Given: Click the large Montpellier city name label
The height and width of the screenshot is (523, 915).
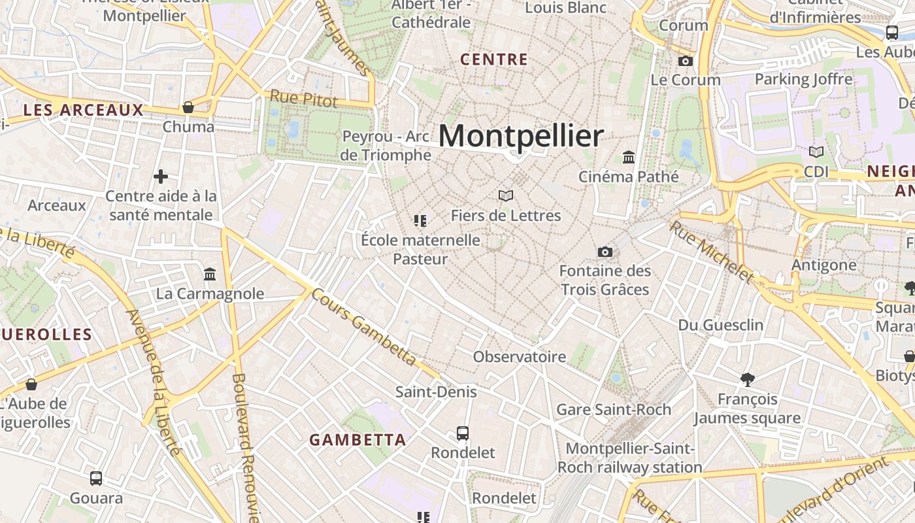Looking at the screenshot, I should pyautogui.click(x=521, y=136).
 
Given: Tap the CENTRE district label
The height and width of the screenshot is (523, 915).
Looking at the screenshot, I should pyautogui.click(x=494, y=59).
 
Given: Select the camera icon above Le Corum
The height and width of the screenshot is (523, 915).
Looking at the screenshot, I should pyautogui.click(x=685, y=61).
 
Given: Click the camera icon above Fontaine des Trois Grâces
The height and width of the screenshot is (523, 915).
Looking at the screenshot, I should pyautogui.click(x=605, y=252).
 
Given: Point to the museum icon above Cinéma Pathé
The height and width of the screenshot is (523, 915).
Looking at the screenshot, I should pyautogui.click(x=629, y=157).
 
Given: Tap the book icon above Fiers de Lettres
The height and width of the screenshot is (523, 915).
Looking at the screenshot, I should pyautogui.click(x=506, y=195).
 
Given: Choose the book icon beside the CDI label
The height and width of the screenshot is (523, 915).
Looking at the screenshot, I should pyautogui.click(x=816, y=152).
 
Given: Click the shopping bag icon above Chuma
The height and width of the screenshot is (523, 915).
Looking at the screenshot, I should pyautogui.click(x=188, y=107).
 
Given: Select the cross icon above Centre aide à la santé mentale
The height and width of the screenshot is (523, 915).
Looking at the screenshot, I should pyautogui.click(x=161, y=177).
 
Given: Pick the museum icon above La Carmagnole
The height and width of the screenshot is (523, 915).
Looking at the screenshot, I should pyautogui.click(x=210, y=274).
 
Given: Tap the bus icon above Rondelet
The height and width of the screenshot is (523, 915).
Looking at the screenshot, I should pyautogui.click(x=463, y=433).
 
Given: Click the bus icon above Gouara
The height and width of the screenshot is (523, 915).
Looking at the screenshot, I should pyautogui.click(x=96, y=479).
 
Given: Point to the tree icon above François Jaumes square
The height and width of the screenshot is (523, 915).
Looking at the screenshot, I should pyautogui.click(x=748, y=379).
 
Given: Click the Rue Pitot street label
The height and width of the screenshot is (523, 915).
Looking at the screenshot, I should pyautogui.click(x=304, y=99).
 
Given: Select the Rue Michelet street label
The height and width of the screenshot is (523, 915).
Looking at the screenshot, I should pyautogui.click(x=712, y=252).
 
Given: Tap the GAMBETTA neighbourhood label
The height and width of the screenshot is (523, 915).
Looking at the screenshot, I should pyautogui.click(x=358, y=440).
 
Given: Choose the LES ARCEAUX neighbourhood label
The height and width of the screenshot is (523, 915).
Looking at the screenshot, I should pyautogui.click(x=83, y=110).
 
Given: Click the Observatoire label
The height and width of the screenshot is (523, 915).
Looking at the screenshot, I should pyautogui.click(x=520, y=357).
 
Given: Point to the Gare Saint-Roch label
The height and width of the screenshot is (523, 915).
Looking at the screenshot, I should pyautogui.click(x=614, y=410).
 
